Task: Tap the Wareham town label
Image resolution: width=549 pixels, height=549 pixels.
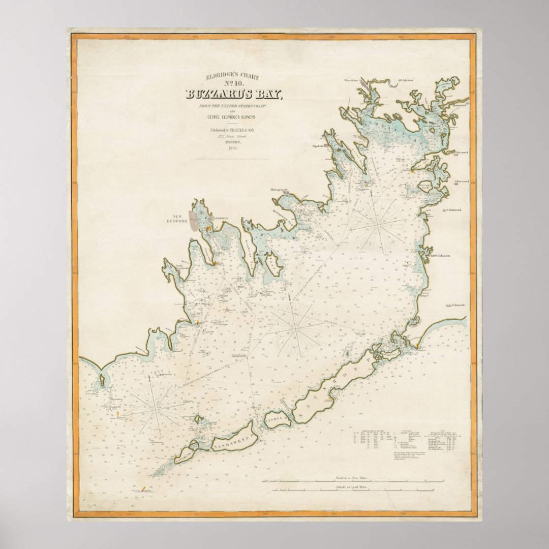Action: (x=352, y=80)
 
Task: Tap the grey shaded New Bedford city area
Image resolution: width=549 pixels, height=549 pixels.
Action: (x=194, y=222)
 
